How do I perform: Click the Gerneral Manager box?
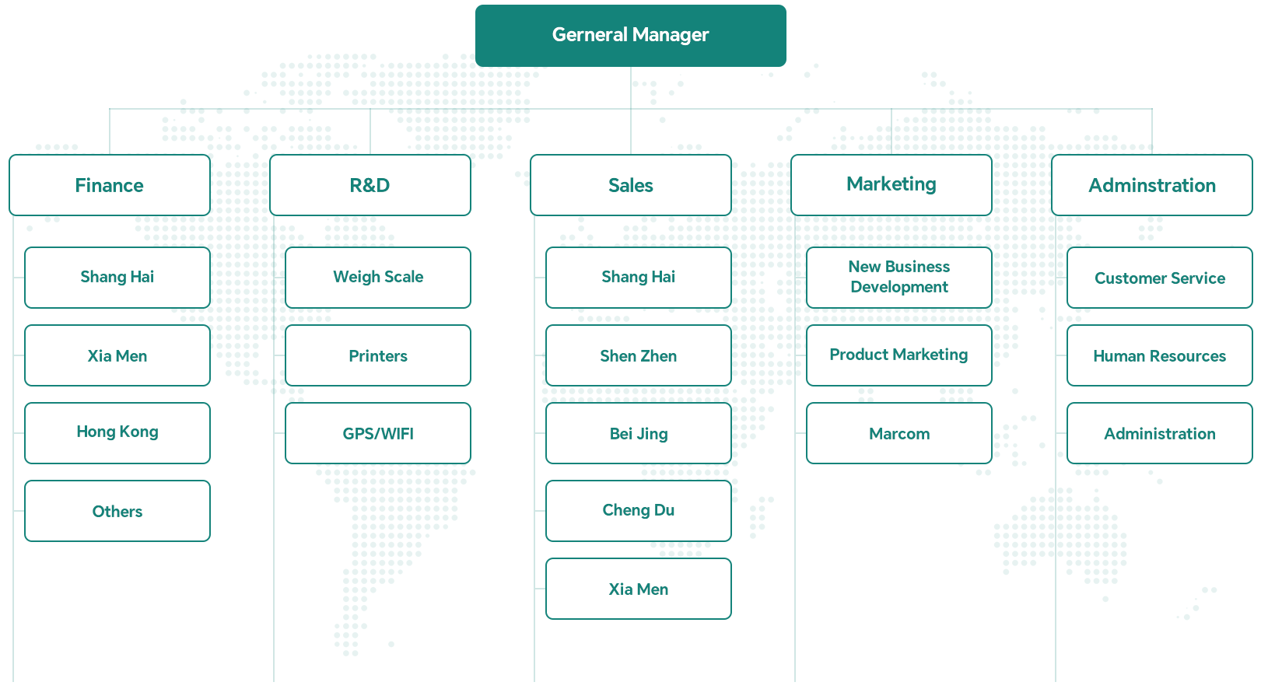point(630,36)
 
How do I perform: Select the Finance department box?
point(110,185)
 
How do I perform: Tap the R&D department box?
point(370,185)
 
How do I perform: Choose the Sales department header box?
point(631,185)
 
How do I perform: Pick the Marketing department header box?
point(891,185)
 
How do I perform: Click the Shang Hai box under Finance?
point(117,278)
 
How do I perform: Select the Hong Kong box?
point(117,433)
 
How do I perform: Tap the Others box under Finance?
point(117,511)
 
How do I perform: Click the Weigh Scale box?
point(378,278)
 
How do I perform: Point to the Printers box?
point(378,355)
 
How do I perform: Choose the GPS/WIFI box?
point(378,433)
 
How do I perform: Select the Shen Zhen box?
point(639,355)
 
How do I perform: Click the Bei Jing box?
point(639,433)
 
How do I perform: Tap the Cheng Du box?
point(639,511)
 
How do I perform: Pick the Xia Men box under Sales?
point(639,589)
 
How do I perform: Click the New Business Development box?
point(899,278)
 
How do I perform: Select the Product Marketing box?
point(899,355)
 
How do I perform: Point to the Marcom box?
point(899,433)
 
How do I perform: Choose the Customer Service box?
point(1160,278)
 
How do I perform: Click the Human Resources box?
point(1160,355)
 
